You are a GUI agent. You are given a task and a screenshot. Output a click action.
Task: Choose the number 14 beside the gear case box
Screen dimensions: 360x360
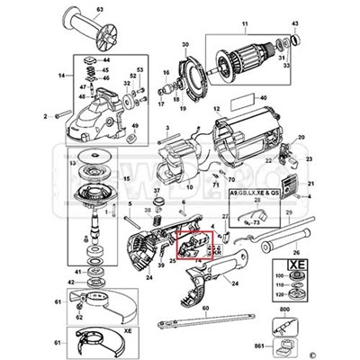point(62,79)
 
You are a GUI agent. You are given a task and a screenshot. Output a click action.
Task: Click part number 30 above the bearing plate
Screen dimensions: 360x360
point(184,44)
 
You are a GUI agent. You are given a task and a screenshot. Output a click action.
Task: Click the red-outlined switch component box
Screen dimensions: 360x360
point(188,247)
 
